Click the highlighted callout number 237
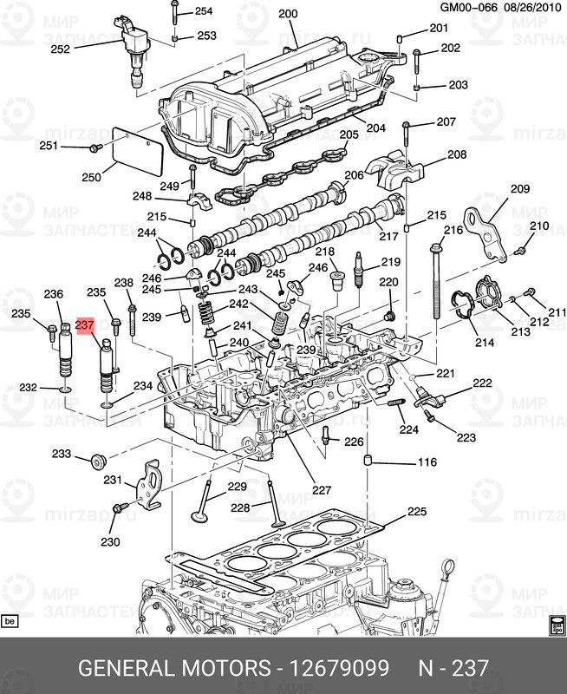[x=84, y=325]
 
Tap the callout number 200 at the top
[x=287, y=13]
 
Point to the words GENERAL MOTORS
[x=173, y=668]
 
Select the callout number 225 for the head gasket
[x=416, y=512]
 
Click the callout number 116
[x=427, y=462]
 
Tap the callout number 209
[x=519, y=189]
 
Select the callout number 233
[x=61, y=454]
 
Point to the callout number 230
[x=109, y=543]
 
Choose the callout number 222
[x=481, y=383]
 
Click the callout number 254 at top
[x=203, y=11]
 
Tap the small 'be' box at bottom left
[x=10, y=621]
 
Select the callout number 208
[x=456, y=155]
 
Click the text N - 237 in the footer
[x=453, y=668]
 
